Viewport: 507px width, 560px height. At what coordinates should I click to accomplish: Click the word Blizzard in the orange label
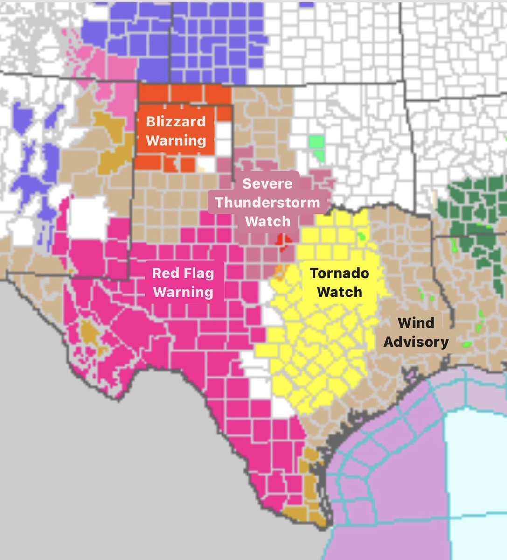176,121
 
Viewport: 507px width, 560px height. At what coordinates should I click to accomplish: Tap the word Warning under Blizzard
176,140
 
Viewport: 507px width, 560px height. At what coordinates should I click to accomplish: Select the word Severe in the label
267,183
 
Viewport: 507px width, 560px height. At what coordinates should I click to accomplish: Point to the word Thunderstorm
268,203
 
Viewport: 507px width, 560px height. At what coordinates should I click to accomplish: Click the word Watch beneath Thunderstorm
268,221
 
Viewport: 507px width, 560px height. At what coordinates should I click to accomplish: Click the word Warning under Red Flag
183,292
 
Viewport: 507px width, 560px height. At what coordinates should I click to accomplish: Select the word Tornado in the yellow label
340,273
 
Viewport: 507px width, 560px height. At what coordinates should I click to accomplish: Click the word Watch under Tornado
340,292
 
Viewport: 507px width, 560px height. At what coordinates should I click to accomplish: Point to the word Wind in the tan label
416,322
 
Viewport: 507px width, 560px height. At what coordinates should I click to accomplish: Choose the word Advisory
416,342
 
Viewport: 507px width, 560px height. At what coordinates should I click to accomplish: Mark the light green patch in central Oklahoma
316,141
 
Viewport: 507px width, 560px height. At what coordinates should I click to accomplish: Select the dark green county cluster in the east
476,205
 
